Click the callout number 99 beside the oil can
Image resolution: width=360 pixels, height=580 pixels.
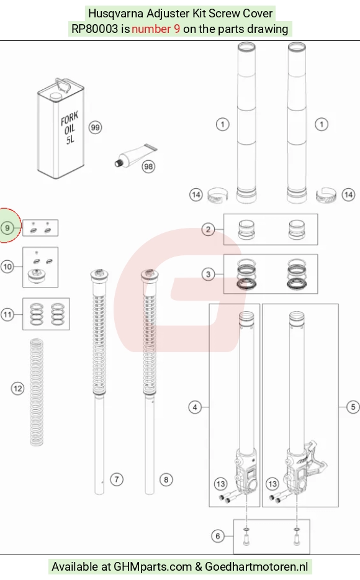96,128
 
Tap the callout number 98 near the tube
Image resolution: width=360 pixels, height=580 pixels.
148,166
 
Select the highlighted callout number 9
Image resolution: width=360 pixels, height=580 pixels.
7,228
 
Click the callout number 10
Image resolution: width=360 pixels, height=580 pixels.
7,266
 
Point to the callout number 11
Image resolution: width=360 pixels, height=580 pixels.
7,315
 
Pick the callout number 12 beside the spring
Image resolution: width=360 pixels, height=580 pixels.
18,388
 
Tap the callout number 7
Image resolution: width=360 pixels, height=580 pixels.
117,479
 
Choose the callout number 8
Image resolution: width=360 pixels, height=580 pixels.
166,480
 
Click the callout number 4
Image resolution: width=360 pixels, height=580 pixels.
195,407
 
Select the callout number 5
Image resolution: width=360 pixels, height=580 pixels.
353,407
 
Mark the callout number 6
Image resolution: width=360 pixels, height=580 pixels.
218,536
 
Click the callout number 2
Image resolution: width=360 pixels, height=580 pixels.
208,230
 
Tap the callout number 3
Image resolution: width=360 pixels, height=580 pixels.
208,274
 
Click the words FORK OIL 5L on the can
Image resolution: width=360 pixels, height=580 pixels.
70,128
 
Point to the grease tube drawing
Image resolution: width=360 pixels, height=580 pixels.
135,156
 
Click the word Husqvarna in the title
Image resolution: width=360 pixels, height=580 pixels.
115,14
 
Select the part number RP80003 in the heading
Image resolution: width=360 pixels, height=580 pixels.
94,29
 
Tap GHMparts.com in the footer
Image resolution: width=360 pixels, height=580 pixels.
153,567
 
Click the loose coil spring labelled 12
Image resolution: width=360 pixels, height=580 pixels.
36,392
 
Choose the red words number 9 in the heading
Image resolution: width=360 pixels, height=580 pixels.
156,29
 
